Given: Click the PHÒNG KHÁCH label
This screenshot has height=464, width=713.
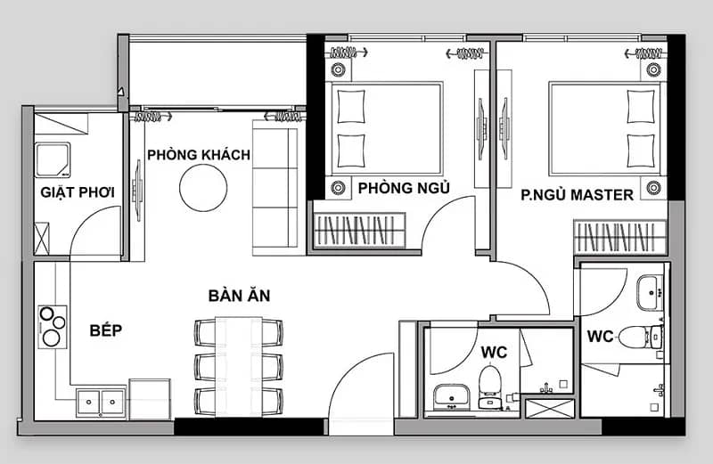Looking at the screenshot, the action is coord(199,155).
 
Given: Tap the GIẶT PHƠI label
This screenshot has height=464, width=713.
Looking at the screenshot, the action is coord(78,192).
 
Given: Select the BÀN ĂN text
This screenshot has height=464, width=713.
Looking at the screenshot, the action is coord(239,296).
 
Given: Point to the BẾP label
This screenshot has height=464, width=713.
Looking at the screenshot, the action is coord(106,330).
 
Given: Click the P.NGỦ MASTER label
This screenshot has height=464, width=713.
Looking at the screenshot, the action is coord(577,195).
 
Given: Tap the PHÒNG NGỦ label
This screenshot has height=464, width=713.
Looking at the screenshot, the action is coord(404,188).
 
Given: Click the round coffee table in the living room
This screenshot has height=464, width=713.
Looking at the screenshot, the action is coord(203,188).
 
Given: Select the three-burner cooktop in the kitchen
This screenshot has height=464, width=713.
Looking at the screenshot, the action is coord(53,327).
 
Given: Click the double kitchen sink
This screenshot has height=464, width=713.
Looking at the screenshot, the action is coord(101,402).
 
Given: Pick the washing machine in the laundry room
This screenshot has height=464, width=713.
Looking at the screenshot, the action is coord(53,160).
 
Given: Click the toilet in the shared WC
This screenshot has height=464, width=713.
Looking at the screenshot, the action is coord(490,387).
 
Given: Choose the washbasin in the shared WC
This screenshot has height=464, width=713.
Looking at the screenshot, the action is coord(451,396).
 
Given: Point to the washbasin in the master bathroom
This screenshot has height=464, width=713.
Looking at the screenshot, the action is coord(650,293).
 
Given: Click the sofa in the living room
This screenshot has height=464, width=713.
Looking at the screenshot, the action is coord(275,188).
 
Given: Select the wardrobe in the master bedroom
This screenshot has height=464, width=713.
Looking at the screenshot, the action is coord(619,237).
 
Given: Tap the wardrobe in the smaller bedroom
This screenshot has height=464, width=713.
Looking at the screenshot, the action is coord(359,230).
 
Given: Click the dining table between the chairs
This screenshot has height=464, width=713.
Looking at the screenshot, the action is coord(239,366).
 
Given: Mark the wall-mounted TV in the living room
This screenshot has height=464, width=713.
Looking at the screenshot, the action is coord(137,191).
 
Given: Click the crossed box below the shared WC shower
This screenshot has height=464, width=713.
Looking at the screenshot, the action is coord(550,409).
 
